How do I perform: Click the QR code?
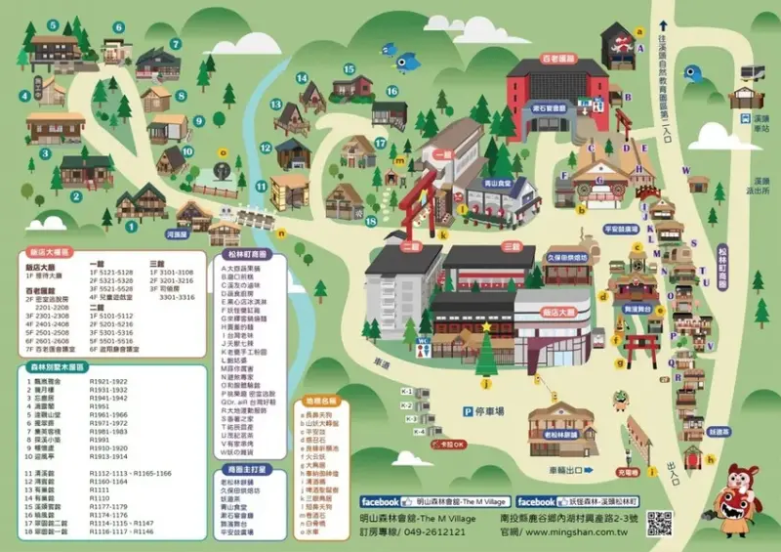[x=660, y=522]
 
